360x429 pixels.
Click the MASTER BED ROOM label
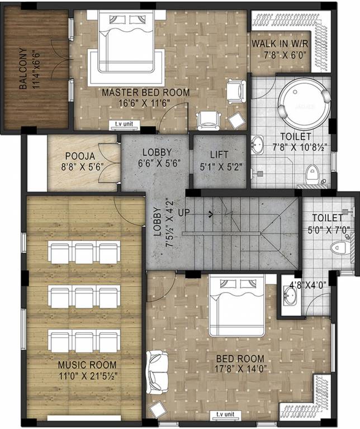(x=146, y=92)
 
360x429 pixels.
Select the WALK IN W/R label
(x=278, y=44)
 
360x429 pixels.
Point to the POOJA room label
(x=75, y=156)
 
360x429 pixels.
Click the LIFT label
(x=219, y=153)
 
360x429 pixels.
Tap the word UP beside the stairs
(x=183, y=213)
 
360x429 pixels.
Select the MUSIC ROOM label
(x=86, y=365)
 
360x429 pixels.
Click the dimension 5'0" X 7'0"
(x=329, y=228)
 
